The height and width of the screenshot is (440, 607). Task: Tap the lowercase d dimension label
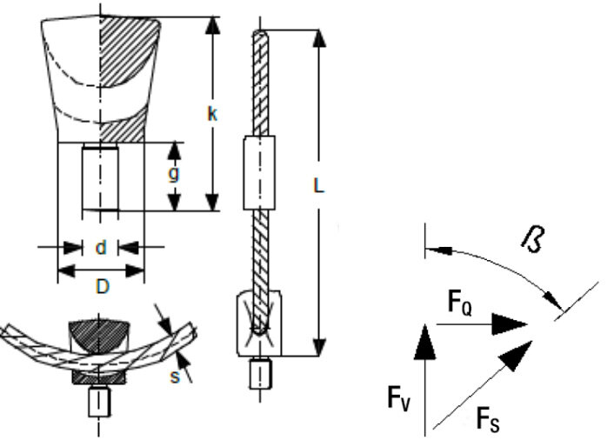pos(100,248)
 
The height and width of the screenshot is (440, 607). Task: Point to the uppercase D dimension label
pos(102,286)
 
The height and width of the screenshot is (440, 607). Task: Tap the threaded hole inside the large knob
pos(100,179)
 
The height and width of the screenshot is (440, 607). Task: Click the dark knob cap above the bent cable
pos(100,334)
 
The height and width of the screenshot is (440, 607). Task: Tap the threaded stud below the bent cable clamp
pos(100,403)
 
